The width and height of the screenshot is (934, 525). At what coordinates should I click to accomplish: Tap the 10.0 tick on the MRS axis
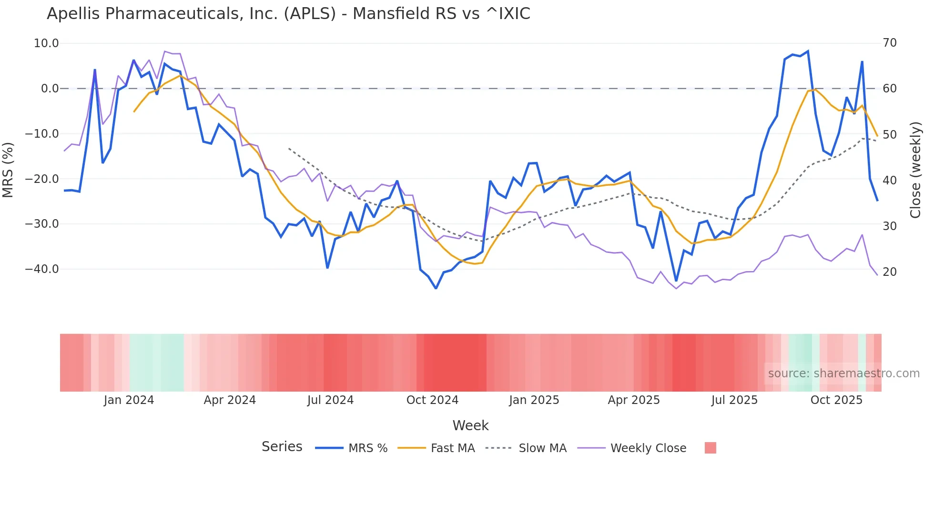(x=46, y=43)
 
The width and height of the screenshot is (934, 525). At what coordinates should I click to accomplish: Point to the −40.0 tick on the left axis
(x=42, y=269)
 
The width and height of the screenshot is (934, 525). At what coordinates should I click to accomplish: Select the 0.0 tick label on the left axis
(x=50, y=89)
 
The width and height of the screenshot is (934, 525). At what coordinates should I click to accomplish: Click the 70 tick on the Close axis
(x=890, y=43)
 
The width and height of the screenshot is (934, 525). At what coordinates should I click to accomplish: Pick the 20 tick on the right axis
(x=890, y=272)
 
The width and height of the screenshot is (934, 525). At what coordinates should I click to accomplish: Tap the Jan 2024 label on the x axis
(x=129, y=400)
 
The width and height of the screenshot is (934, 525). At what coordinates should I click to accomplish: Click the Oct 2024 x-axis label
(x=432, y=400)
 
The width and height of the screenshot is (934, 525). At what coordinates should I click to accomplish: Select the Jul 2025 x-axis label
(x=734, y=400)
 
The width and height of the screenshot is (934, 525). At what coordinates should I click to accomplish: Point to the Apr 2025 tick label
(x=634, y=400)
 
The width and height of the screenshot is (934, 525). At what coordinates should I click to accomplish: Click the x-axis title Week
(x=470, y=425)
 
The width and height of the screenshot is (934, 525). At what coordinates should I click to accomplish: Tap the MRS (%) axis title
(x=8, y=170)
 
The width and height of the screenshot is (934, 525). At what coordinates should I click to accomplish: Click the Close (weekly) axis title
(x=915, y=170)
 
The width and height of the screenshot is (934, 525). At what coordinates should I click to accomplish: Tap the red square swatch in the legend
(x=710, y=448)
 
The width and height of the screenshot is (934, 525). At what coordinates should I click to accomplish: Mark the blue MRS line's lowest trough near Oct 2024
(x=436, y=288)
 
